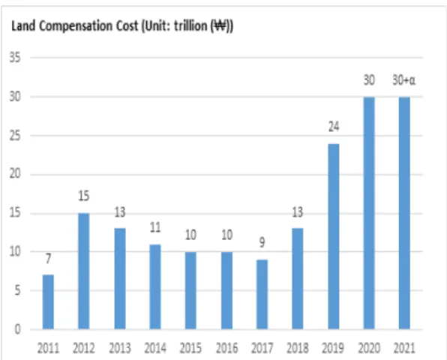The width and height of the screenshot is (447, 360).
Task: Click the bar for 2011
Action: [x=48, y=301]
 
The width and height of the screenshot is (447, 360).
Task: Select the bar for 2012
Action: [x=84, y=271]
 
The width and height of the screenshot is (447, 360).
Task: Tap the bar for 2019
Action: [x=334, y=236]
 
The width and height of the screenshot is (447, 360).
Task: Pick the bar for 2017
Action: [x=262, y=295]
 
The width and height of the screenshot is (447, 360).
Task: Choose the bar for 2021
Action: [x=404, y=213]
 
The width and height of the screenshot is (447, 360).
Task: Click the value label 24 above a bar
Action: [x=334, y=127]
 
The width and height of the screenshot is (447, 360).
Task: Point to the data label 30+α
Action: [x=404, y=80]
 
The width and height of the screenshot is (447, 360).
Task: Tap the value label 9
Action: [x=262, y=242]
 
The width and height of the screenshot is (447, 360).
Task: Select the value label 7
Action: [x=48, y=259]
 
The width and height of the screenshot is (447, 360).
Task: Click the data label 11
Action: [x=155, y=227]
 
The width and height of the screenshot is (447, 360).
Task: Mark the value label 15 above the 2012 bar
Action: [x=84, y=196]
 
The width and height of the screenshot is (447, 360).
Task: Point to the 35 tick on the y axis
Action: [x=15, y=58]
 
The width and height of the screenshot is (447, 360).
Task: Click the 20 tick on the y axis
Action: [x=15, y=174]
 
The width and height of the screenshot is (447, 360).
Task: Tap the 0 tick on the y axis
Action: [x=18, y=329]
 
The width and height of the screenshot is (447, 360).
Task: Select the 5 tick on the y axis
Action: [x=18, y=290]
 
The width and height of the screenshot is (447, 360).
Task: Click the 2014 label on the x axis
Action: [x=155, y=348]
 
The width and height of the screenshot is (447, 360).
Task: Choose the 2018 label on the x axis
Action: [x=298, y=348]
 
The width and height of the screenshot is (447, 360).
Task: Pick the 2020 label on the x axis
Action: [x=369, y=348]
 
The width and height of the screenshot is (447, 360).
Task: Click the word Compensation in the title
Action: [x=76, y=26]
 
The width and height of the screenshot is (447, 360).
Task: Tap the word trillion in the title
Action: [x=190, y=25]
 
